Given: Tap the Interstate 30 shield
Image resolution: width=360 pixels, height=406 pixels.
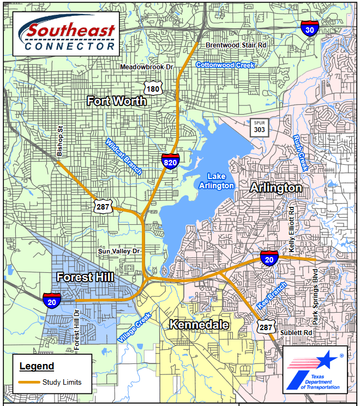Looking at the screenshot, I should (310, 29).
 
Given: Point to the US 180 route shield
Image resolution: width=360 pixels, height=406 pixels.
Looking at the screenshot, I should (153, 88).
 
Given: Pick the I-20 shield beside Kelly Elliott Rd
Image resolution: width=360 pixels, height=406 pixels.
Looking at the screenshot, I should (269, 258).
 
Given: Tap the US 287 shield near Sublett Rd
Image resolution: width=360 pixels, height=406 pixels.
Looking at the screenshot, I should (266, 327).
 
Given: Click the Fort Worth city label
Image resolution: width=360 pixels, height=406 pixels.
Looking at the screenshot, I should (117, 101).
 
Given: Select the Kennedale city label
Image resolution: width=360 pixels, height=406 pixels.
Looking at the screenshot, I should (199, 325).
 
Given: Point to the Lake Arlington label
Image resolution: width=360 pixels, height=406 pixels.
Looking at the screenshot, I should (220, 181).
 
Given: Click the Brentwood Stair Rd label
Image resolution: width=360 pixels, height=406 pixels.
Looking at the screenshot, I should (236, 45).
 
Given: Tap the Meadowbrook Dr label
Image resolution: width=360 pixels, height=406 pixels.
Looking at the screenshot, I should (146, 67).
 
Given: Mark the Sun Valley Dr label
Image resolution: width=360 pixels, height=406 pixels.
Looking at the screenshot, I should (119, 251).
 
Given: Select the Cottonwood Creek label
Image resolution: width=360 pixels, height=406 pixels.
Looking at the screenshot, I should (225, 65).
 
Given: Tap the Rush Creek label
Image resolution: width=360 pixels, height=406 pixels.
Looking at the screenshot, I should (301, 153).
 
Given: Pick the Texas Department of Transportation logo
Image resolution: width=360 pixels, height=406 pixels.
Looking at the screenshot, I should (315, 370).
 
